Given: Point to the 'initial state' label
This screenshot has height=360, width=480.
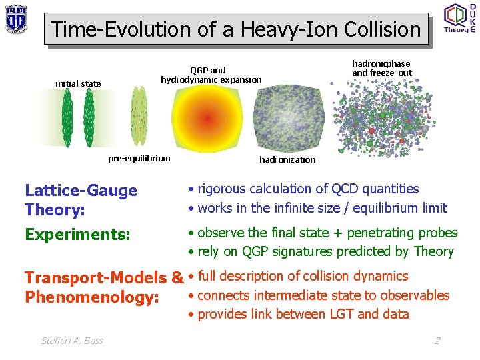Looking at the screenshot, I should (78, 83).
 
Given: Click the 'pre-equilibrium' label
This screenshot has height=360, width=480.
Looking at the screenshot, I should (139, 158).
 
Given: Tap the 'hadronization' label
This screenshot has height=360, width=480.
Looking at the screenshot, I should (287, 159).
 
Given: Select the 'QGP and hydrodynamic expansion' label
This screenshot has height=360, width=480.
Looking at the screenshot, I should (211, 75).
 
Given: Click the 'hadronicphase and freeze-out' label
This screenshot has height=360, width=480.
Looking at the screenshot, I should (381, 68).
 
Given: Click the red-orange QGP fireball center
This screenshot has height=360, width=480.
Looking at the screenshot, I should (207, 119).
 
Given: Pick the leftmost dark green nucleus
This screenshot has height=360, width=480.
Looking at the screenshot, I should (67, 118).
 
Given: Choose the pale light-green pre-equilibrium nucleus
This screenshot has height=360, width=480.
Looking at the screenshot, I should (139, 118).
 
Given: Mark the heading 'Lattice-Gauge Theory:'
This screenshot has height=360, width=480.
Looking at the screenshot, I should (81, 200).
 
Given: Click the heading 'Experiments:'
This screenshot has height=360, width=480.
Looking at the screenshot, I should (77, 235).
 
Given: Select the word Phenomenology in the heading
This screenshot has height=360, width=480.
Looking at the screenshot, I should (91, 296).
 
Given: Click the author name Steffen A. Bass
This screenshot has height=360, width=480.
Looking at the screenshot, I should (72, 341).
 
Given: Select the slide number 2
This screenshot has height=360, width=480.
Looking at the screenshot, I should (437, 341).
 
